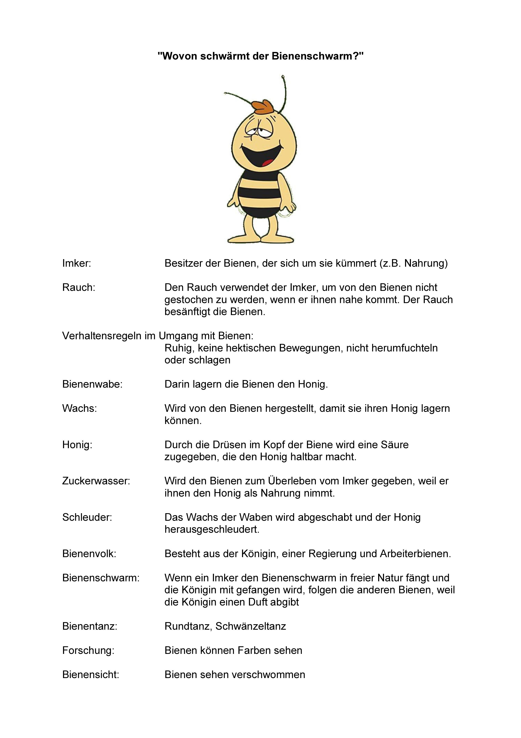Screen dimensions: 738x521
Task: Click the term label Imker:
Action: pos(77,263)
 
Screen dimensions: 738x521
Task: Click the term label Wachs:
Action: pos(80,408)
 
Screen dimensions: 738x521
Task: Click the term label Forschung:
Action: pos(88,650)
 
